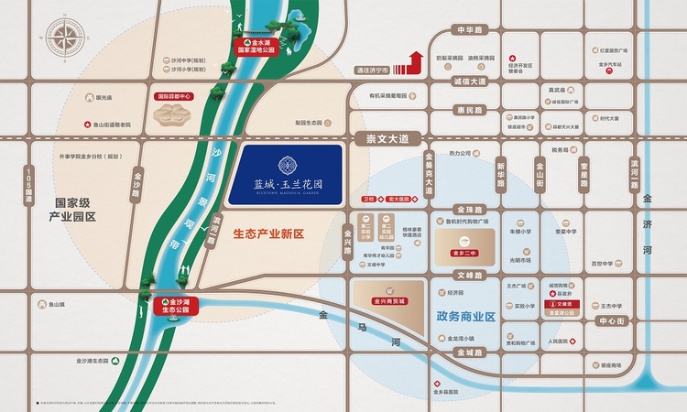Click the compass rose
(69, 41)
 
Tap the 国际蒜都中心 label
(175, 95)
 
